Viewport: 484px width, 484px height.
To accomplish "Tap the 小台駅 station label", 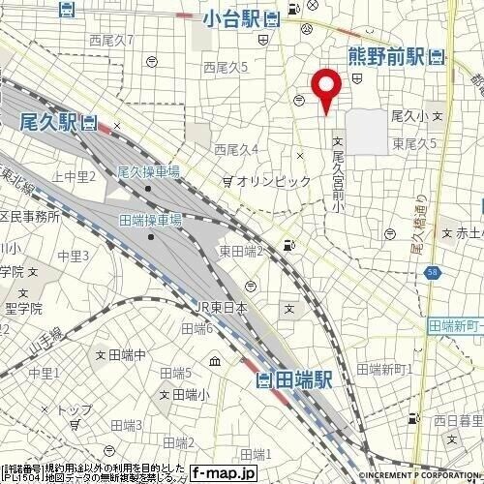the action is (x=232, y=16).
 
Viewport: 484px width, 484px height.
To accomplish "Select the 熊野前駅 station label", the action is (x=386, y=56).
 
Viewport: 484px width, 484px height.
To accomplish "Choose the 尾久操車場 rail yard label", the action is (x=148, y=170).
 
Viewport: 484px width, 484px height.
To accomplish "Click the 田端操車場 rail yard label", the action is (x=150, y=220).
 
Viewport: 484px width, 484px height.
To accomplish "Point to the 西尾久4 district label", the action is (x=235, y=149).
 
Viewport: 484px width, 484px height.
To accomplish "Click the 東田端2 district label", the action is (x=241, y=251).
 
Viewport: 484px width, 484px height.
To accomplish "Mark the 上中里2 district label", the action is (x=74, y=176).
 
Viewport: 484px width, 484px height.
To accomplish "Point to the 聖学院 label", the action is (x=21, y=310).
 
